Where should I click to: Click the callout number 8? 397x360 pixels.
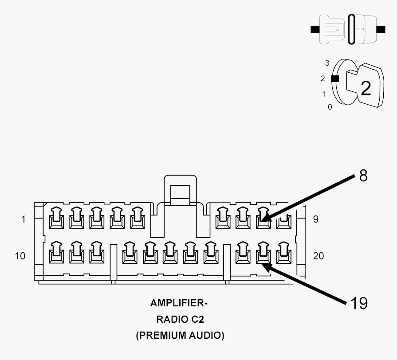[x=363, y=175]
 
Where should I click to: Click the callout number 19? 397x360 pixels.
[x=359, y=303]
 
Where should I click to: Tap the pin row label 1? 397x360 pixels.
[x=24, y=219]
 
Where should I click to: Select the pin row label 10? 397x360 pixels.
[x=20, y=256]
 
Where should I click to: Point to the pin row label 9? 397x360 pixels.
[x=315, y=219]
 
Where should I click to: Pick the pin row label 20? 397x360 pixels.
[x=318, y=256]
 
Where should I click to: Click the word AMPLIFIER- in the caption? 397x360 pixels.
[x=179, y=303]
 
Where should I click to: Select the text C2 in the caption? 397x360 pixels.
[x=197, y=319]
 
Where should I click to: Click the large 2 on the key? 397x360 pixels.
[x=366, y=88]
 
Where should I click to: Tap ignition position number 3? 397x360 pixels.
[x=327, y=63]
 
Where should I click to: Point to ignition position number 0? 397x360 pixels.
[x=330, y=107]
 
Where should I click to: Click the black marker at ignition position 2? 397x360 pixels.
[x=335, y=78]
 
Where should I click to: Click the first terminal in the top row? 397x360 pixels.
[x=56, y=218]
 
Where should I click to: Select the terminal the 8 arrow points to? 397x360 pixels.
[x=263, y=218]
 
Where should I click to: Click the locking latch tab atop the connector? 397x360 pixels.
[x=180, y=190]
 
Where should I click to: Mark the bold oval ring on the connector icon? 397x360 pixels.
[x=351, y=29]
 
